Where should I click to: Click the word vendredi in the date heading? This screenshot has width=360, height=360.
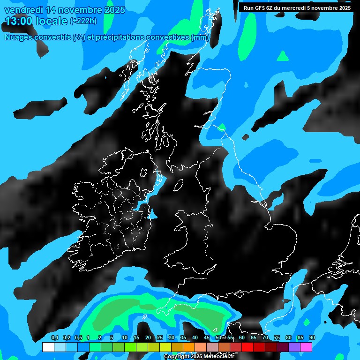point(22,10)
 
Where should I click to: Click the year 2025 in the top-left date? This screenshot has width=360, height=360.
point(112,10)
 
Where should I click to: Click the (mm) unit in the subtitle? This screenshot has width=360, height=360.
point(200,37)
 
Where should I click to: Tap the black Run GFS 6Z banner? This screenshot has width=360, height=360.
point(296,7)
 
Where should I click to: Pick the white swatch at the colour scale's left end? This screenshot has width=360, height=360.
point(48,347)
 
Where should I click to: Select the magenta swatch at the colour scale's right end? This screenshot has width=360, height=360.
point(306,347)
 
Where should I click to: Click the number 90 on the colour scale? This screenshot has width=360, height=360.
point(312,338)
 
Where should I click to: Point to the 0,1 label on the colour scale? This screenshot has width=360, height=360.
point(54,338)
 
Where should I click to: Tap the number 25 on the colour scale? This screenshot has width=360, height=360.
point(160,338)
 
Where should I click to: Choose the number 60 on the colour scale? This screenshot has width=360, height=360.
point(242,338)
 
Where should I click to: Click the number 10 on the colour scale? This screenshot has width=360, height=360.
point(125,338)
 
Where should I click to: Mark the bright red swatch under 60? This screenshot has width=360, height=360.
point(247,347)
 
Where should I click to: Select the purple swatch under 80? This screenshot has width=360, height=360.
point(294,347)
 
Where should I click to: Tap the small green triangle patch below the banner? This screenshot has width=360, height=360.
point(283,57)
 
